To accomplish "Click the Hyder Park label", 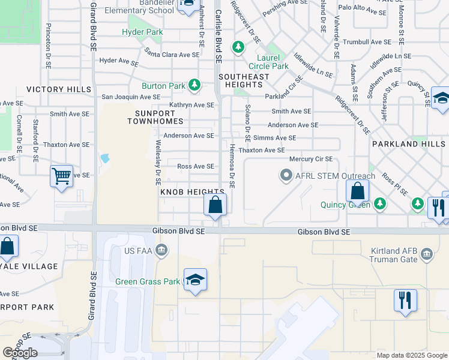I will pyautogui.click(x=142, y=32).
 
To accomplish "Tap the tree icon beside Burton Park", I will pyautogui.click(x=194, y=86).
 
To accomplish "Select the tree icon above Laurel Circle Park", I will pyautogui.click(x=238, y=47).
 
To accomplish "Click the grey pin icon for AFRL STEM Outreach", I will pyautogui.click(x=286, y=176).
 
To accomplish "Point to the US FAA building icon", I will pyautogui.click(x=161, y=250).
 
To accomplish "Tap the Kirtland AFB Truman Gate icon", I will pyautogui.click(x=427, y=254).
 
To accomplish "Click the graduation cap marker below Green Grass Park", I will pyautogui.click(x=195, y=280).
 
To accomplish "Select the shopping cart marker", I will pyautogui.click(x=61, y=176).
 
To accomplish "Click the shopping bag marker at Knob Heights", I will pyautogui.click(x=215, y=205).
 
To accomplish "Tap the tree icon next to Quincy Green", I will pyautogui.click(x=379, y=205).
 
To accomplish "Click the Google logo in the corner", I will pyautogui.click(x=20, y=352).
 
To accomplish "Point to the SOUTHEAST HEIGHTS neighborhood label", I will pyautogui.click(x=244, y=81).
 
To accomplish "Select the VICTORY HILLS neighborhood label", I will pyautogui.click(x=59, y=89).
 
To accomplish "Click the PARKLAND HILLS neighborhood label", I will pyautogui.click(x=409, y=144).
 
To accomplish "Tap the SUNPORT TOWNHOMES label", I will pyautogui.click(x=155, y=116).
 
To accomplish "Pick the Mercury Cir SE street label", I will pyautogui.click(x=311, y=159).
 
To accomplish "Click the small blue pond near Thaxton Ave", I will pyautogui.click(x=106, y=158).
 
